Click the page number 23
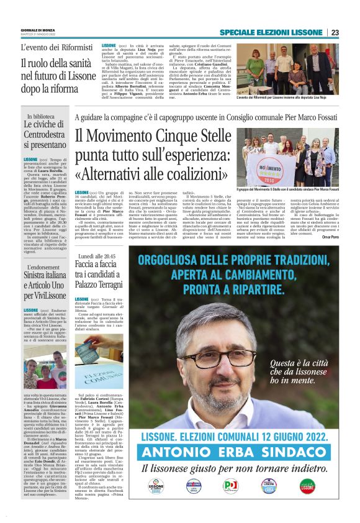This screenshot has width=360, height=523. tap(352, 33)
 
